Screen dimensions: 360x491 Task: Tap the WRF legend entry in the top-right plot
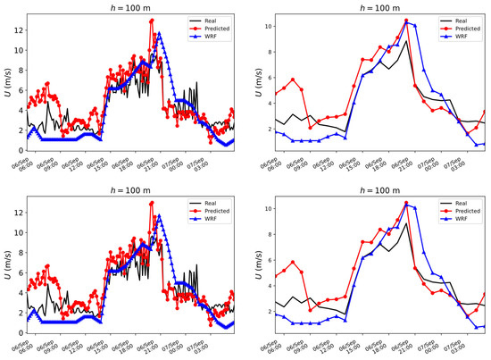point(455,37)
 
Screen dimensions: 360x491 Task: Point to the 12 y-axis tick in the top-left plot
point(17,29)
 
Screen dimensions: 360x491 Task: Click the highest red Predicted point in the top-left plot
point(153,21)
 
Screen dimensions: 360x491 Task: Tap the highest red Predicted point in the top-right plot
point(406,21)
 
